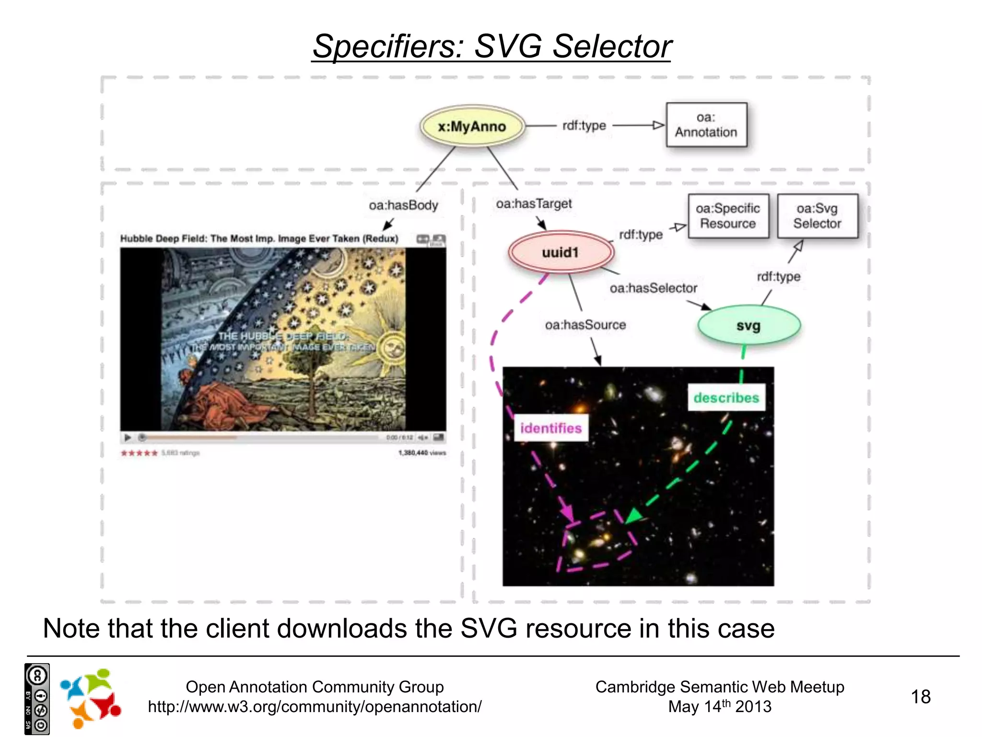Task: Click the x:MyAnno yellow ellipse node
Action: pos(472,126)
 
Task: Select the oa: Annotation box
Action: pos(706,125)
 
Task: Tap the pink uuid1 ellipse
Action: pos(560,252)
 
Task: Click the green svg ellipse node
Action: pos(748,326)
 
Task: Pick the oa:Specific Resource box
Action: pos(728,216)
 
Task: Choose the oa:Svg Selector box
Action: pos(817,216)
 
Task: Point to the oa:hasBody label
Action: pos(403,205)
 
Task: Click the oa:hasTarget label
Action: pos(534,204)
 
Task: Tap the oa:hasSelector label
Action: pos(653,288)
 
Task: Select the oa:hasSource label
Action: pos(585,325)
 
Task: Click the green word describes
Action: pos(726,398)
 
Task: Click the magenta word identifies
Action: pos(551,428)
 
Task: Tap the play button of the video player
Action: pos(128,438)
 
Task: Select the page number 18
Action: pos(920,697)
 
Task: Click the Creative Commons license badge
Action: pos(37,699)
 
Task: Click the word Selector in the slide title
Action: pos(612,47)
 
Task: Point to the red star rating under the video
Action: pos(139,453)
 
